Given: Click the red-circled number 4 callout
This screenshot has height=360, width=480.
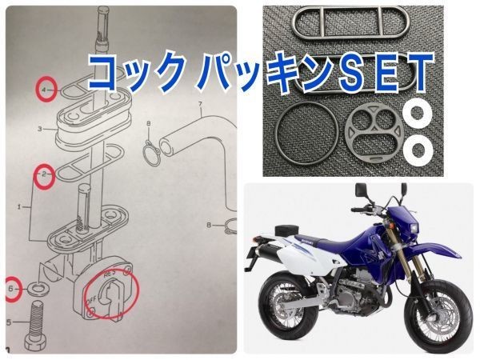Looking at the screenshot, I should pos(45,90).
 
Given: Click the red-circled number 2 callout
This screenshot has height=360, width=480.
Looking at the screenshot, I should pos(44,174).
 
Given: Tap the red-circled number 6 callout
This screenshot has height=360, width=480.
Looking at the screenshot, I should pos(12,288).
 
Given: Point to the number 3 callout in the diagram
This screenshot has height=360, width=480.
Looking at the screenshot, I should pos(38,128).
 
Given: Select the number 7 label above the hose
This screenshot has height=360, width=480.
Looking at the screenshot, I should pos(202,106).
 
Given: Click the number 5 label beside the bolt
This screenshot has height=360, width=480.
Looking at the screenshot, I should pos(8,322).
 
